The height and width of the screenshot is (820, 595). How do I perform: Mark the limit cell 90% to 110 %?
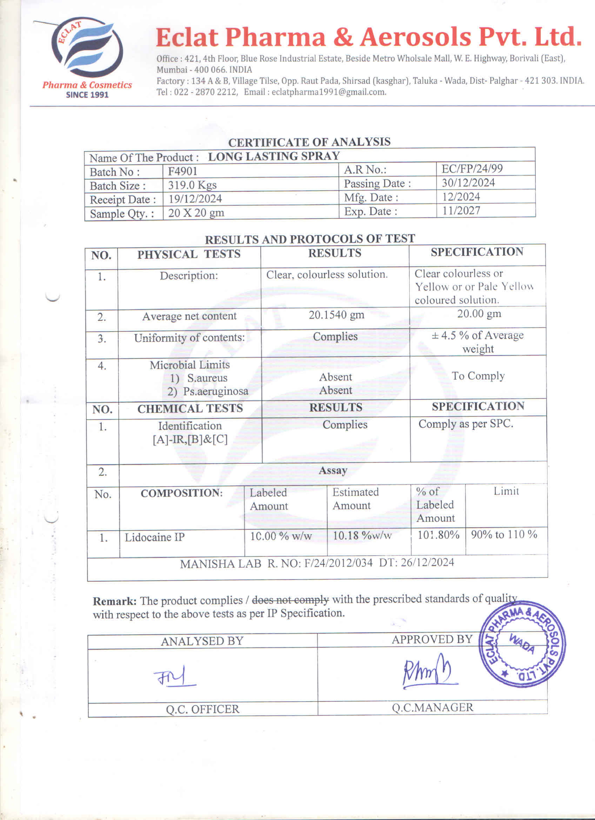(504, 534)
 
